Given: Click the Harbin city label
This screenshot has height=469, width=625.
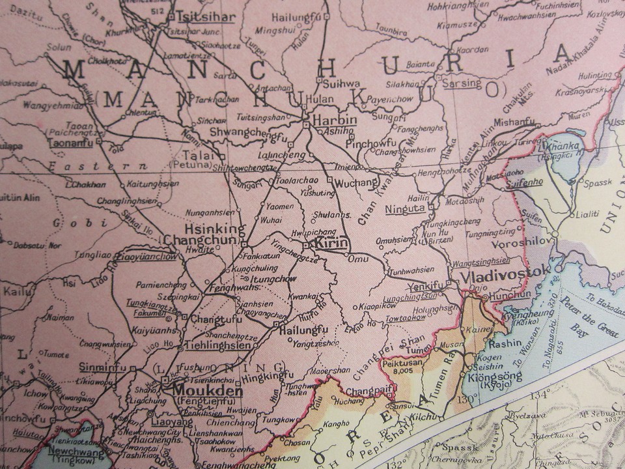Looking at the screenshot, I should tap(335, 120).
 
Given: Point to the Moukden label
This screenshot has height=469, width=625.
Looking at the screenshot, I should tap(198, 391).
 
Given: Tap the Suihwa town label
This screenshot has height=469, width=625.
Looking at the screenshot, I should tap(341, 84).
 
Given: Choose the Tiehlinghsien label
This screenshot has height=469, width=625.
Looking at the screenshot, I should tap(217, 345).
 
